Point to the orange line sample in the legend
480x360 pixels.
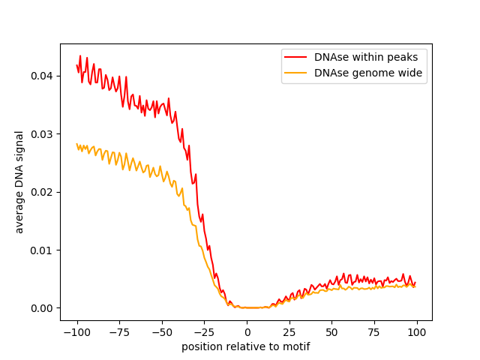coord(297,73)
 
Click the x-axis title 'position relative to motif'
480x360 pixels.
coord(246,346)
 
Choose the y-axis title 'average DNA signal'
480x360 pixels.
coord(19,182)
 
